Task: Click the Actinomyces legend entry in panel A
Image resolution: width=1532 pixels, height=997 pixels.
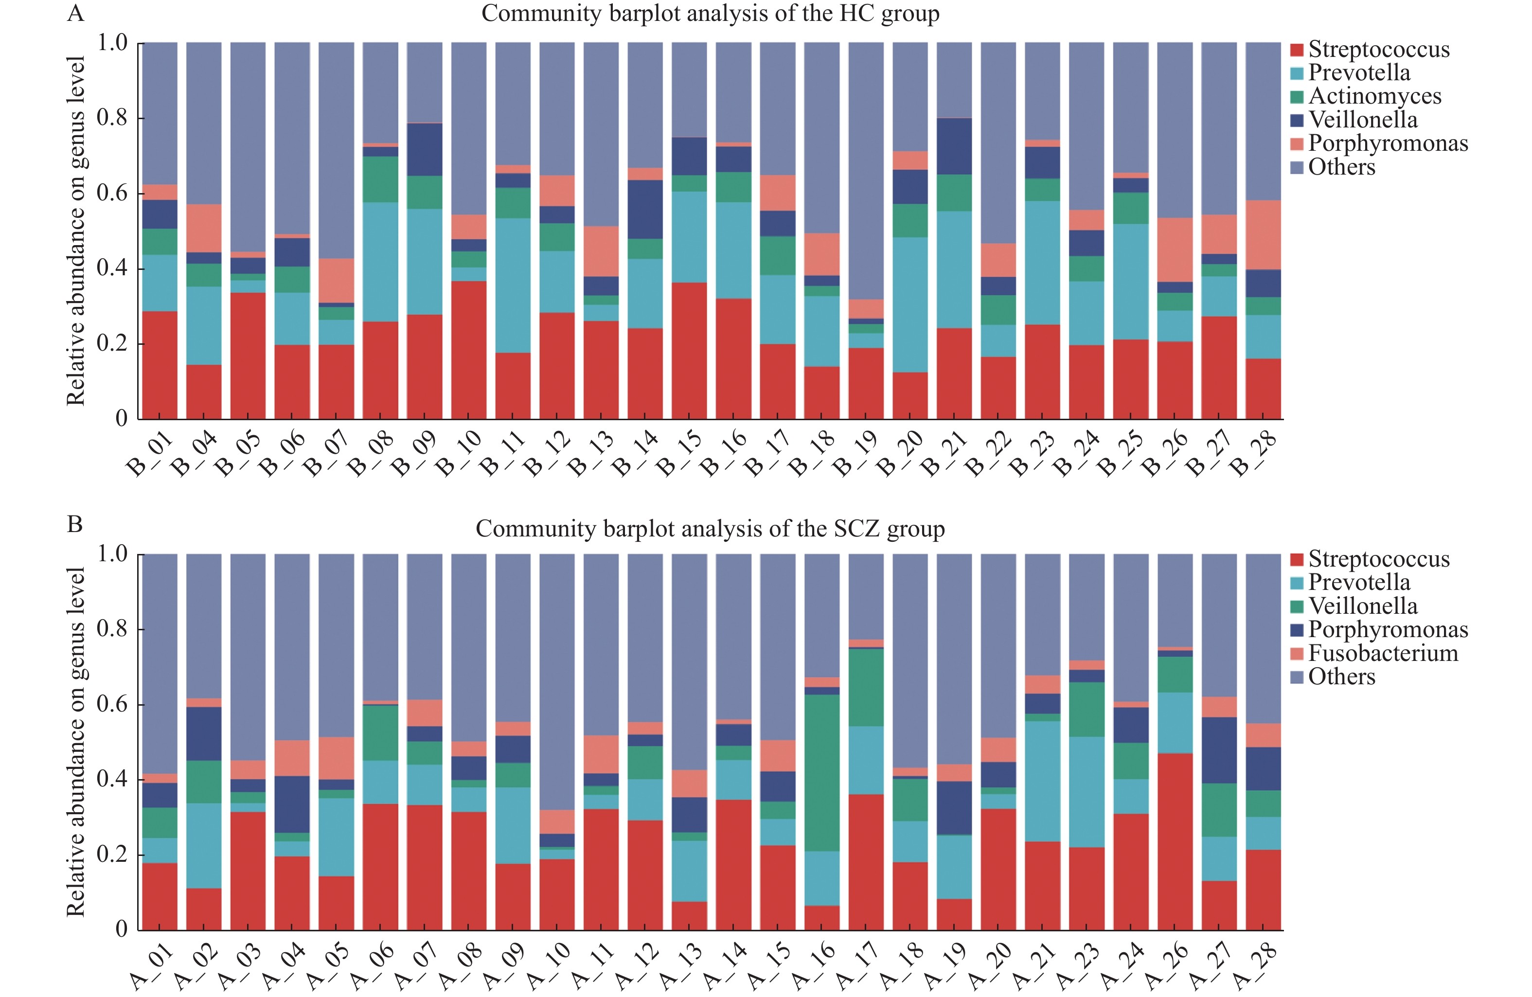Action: [x=1374, y=96]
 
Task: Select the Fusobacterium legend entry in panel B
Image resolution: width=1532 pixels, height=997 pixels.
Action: [x=1383, y=653]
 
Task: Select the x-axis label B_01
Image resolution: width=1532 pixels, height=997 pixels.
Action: [x=149, y=453]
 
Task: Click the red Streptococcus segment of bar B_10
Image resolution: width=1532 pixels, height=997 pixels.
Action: [x=469, y=350]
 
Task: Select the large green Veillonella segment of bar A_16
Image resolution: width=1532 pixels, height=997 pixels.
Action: [x=822, y=772]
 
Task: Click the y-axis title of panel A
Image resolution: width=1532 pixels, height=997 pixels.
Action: [x=76, y=231]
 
